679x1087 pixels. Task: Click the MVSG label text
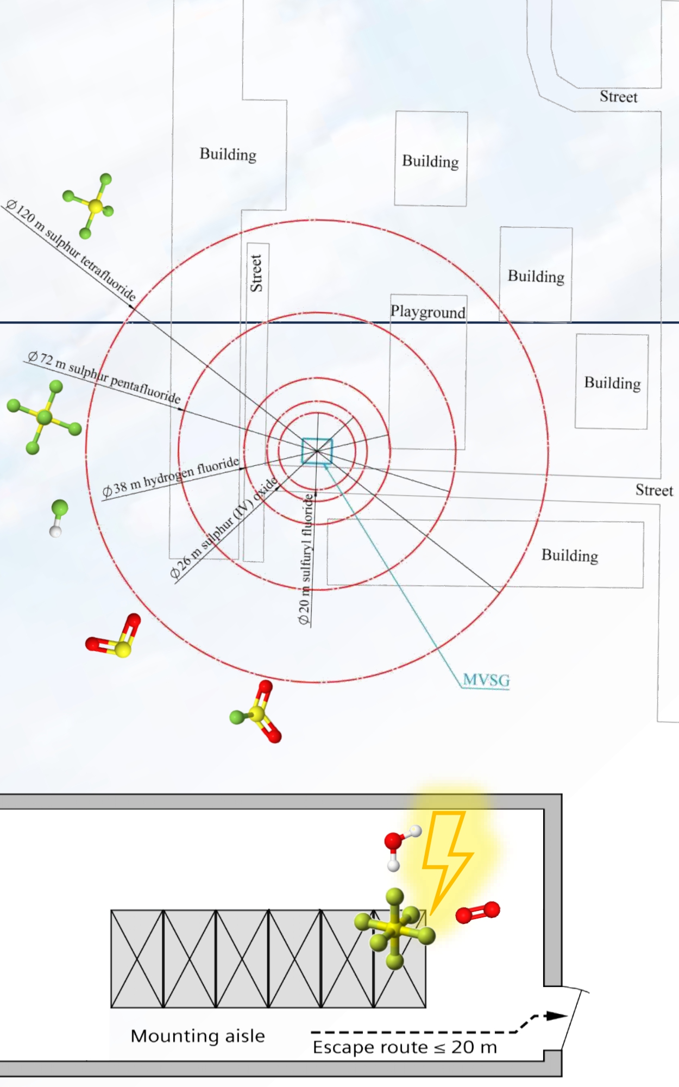[x=486, y=680]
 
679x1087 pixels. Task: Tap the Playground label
[x=428, y=312]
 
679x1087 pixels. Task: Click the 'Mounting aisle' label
[x=198, y=1036]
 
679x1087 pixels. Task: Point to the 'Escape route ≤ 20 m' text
[x=405, y=1047]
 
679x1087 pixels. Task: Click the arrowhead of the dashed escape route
[x=556, y=1016]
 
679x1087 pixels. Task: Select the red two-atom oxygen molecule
[x=477, y=913]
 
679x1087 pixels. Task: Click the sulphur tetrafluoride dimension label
[x=71, y=251]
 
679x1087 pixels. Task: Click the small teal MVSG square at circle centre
[x=317, y=451]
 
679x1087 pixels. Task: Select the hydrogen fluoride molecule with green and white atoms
[x=58, y=518]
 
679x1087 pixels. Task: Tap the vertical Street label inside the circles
[x=256, y=273]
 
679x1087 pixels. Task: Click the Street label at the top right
[x=618, y=97]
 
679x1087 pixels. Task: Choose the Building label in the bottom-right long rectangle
[x=570, y=555]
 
